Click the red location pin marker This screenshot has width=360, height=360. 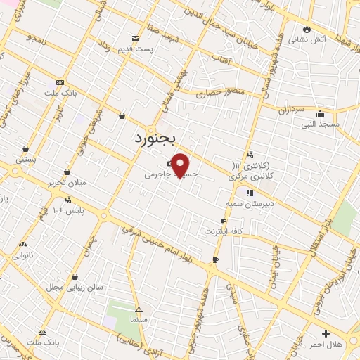click(181, 165)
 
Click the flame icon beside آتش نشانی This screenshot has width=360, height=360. click(307, 28)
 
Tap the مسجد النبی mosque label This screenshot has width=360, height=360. click(321, 124)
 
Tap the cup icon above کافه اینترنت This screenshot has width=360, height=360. click(223, 221)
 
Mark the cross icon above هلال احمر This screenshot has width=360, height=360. click(326, 333)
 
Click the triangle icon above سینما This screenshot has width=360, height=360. click(139, 309)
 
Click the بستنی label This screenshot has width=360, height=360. click(26, 160)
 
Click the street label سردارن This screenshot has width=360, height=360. click(289, 110)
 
